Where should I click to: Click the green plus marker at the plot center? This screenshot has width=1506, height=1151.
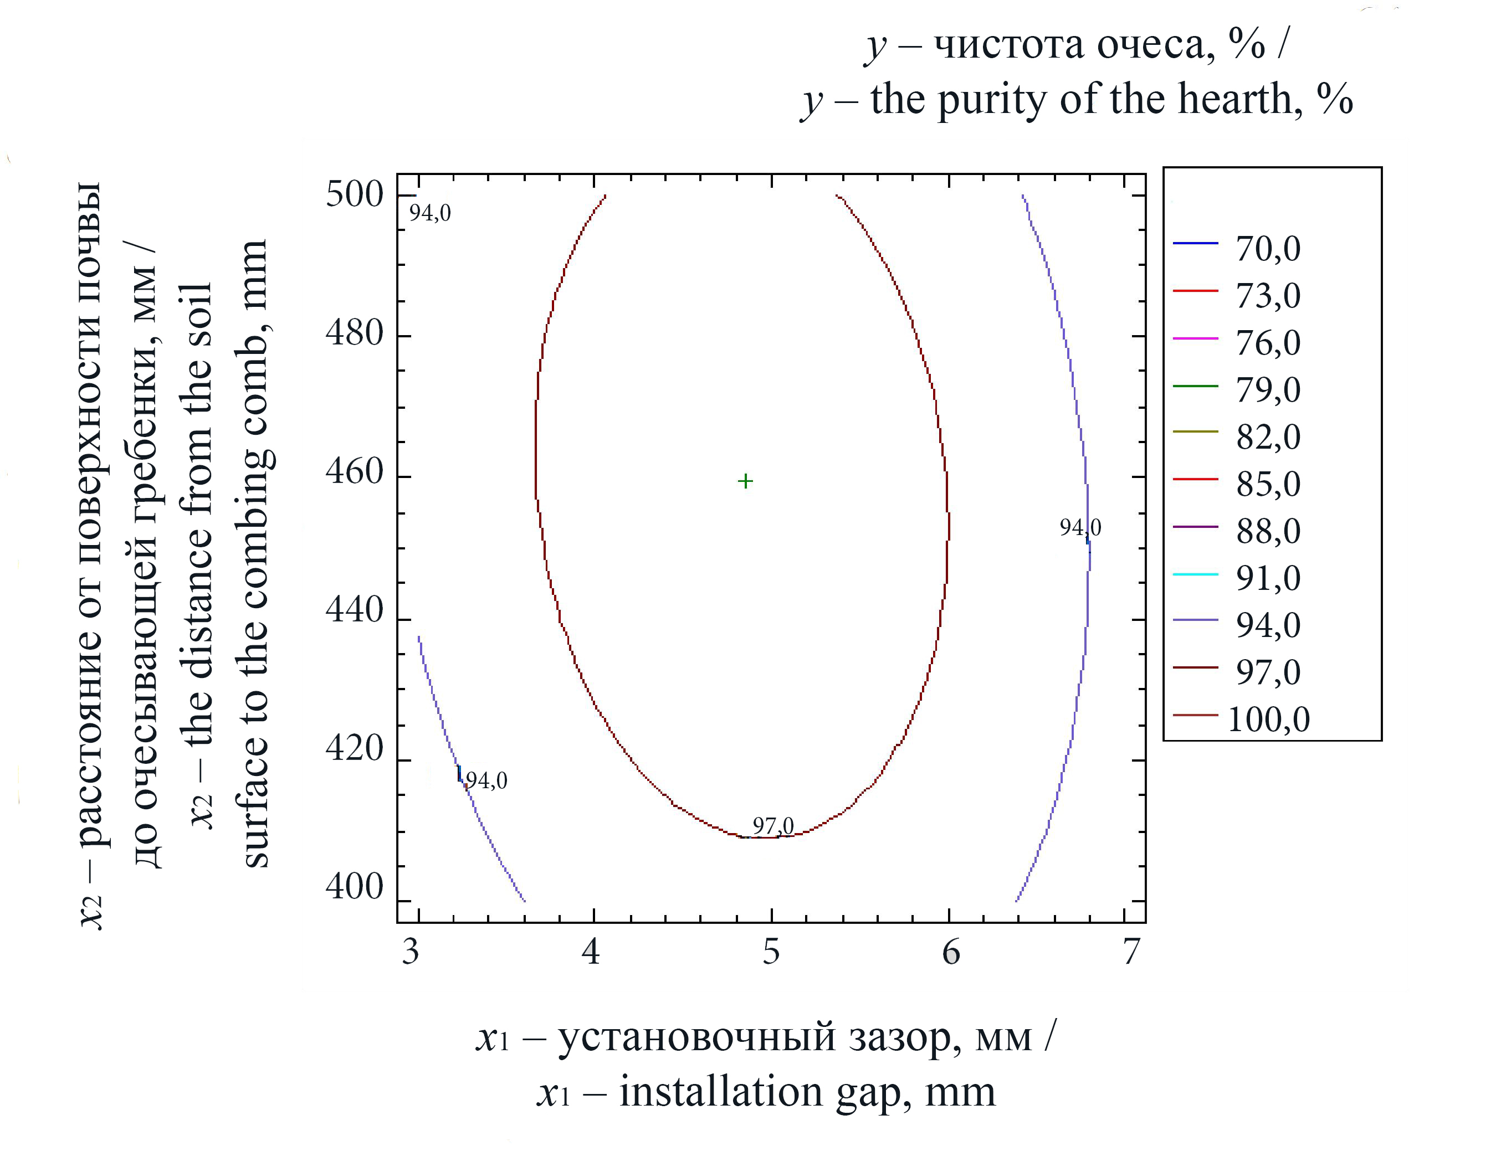pos(745,482)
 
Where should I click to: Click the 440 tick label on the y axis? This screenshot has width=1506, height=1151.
pos(354,609)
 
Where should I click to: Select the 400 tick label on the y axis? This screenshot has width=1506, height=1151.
pos(354,887)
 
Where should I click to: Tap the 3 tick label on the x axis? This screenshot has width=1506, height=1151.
pos(411,952)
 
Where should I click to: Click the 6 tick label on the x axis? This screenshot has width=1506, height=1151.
pos(951,952)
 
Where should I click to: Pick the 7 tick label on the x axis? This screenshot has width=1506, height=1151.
pos(1131,952)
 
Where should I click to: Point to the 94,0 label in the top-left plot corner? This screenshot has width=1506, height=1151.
pos(429,213)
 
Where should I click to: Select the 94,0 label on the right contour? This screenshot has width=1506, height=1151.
pos(1080,527)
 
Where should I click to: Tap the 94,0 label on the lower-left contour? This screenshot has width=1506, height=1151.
pos(486,780)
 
